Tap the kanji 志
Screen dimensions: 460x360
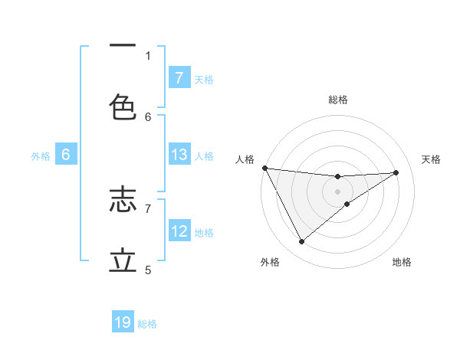coord(123,201)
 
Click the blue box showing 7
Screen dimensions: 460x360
coord(179,78)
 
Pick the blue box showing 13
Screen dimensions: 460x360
coord(179,155)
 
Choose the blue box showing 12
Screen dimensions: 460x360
coord(179,231)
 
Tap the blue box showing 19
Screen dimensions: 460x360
coord(123,322)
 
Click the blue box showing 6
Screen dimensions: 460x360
coord(66,155)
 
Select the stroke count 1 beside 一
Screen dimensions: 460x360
coord(148,55)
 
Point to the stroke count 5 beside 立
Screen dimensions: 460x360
coord(148,270)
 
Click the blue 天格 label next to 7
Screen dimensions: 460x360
coord(204,79)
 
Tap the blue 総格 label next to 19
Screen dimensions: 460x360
coord(147,324)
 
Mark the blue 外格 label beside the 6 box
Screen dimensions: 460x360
coord(41,155)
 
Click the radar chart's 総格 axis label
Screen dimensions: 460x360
coord(338,100)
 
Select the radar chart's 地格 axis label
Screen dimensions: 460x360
coord(402,262)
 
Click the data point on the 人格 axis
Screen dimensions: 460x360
coord(264,168)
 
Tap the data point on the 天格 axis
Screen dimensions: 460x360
coord(396,172)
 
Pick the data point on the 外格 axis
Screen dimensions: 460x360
coord(301,242)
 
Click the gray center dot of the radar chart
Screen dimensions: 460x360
coord(338,191)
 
